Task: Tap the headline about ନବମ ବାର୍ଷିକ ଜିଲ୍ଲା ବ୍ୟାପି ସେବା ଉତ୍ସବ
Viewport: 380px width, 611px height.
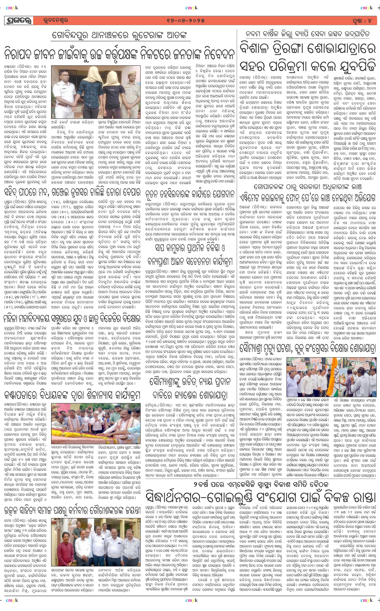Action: pos(308,34)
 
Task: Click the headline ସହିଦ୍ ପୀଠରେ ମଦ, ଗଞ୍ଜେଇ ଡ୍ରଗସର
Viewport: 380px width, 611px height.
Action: pos(72,193)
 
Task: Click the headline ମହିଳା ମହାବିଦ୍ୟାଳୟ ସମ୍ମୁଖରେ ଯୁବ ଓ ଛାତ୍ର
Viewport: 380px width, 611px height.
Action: pos(72,319)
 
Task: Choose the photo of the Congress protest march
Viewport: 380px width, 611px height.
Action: pos(331,377)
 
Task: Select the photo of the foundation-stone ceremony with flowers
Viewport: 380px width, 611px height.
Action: pos(96,423)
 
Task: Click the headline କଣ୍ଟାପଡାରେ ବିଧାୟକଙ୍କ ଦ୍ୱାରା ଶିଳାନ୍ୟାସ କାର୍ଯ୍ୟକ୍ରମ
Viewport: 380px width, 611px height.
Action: pos(72,395)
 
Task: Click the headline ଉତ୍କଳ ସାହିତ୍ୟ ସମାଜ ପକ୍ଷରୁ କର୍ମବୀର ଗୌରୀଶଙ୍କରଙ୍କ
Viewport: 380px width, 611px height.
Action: pos(72,511)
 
